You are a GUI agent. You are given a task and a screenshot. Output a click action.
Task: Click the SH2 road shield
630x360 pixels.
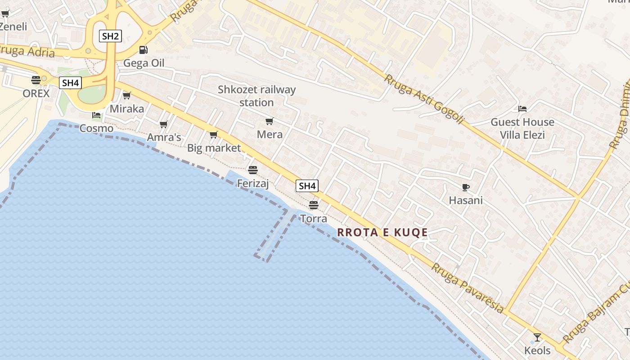[x=110, y=36]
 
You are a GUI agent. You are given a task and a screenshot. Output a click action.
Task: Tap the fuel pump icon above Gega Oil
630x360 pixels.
[x=143, y=50]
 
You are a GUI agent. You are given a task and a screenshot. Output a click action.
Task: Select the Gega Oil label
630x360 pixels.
[x=144, y=63]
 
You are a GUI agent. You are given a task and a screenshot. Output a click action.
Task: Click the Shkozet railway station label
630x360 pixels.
[x=257, y=96]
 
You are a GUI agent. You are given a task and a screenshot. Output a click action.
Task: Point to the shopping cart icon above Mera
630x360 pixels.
[x=270, y=121]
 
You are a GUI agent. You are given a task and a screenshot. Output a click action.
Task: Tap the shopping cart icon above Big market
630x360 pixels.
[x=214, y=135]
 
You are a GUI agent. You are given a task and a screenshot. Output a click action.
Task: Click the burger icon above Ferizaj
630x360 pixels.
[x=253, y=170]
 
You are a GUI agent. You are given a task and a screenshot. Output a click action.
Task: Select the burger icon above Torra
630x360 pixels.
[x=314, y=205]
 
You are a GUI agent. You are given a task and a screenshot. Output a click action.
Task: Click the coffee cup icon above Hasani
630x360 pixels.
[x=466, y=187]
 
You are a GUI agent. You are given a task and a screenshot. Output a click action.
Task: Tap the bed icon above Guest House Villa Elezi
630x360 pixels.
[x=522, y=109]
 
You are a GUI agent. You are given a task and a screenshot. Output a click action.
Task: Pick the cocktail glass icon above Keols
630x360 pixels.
[x=537, y=337]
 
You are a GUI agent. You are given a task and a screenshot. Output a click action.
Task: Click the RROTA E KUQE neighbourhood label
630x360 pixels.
[x=382, y=233]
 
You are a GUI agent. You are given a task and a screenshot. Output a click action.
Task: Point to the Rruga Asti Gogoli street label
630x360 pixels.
[x=423, y=99]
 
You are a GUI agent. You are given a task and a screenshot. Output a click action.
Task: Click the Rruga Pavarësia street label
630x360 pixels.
[x=468, y=288]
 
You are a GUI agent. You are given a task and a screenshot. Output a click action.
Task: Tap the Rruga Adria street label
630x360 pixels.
[x=27, y=51]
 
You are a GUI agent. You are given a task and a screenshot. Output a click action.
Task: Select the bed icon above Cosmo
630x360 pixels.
[x=96, y=115]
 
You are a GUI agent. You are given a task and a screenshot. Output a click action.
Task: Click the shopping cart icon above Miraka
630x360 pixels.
[x=127, y=95]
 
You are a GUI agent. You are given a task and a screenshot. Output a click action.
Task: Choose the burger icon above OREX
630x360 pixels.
[x=36, y=80]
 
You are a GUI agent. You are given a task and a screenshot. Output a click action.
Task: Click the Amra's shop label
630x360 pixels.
[x=164, y=137]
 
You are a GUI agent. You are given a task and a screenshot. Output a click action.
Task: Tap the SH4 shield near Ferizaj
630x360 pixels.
[x=307, y=185]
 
